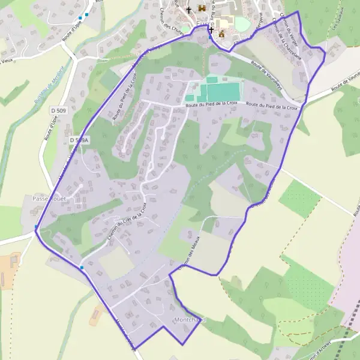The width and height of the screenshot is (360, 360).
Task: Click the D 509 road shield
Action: coord(58,110)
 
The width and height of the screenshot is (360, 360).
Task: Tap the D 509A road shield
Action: coord(79,140)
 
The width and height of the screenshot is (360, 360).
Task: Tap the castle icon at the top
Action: coord(201,9)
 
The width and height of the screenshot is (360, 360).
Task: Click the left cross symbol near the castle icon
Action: coord(189,10)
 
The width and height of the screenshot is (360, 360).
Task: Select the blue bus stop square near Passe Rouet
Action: coord(37,227)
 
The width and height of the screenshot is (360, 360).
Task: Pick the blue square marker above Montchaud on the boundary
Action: coord(82,267)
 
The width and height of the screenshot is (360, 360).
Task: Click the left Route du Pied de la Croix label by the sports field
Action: coord(212,104)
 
